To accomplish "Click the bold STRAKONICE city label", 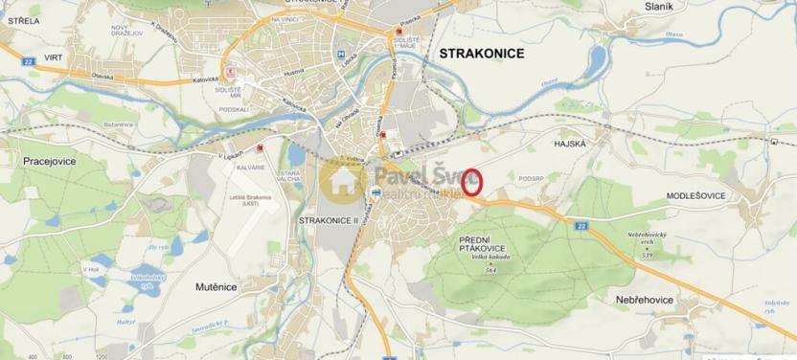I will click(481, 55).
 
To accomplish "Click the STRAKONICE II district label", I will click(327, 220).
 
